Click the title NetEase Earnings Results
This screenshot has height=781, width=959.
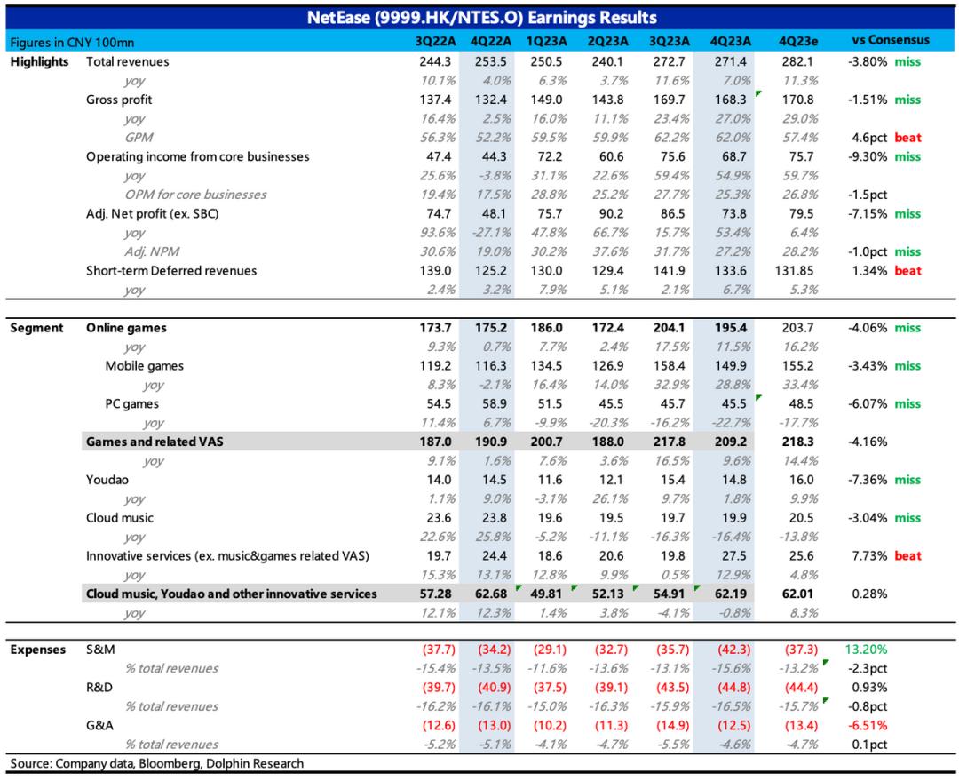coord(482,17)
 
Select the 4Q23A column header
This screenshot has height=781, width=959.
coord(730,41)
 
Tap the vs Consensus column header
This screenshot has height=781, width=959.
coord(891,40)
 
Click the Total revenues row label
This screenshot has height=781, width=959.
coord(127,61)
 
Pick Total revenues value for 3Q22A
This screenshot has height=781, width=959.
coord(435,61)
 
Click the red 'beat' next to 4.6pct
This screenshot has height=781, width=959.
coord(907,137)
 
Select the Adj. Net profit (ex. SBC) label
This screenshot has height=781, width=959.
coord(153,213)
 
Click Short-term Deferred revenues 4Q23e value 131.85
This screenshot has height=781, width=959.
coord(794,270)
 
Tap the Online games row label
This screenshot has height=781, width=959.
coord(126,328)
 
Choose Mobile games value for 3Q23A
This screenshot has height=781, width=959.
coord(670,365)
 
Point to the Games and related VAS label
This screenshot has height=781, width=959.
coord(155,442)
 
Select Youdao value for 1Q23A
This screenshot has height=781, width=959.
coord(551,479)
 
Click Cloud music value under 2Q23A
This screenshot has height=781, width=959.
coord(611,517)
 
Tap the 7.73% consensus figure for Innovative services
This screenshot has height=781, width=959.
coord(869,555)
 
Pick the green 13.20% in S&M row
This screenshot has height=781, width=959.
coord(866,650)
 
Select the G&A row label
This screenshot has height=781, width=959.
coord(99,725)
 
